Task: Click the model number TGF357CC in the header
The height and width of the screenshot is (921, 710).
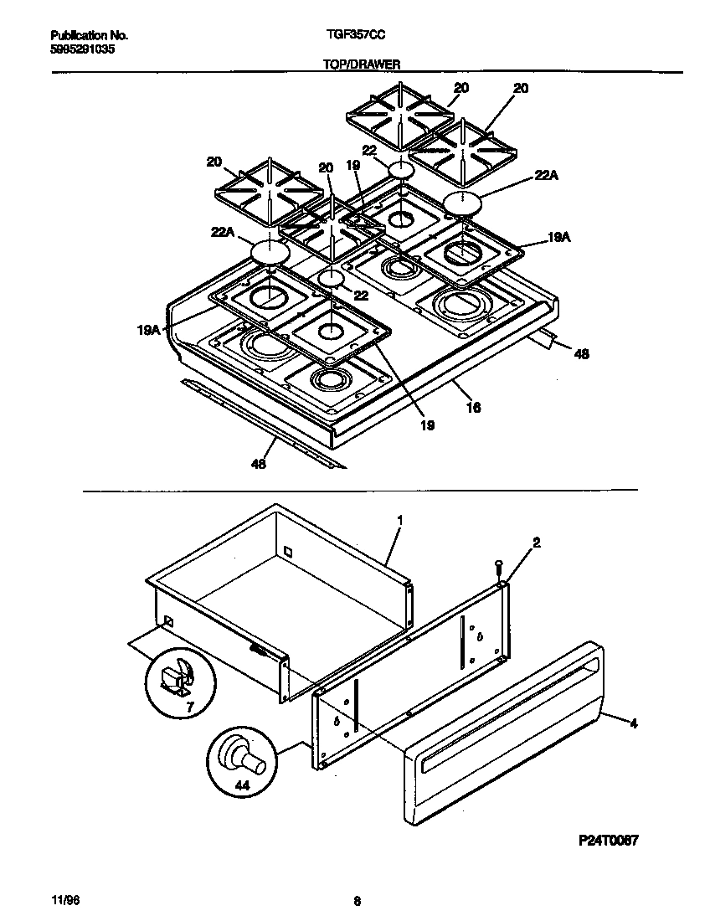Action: point(356,36)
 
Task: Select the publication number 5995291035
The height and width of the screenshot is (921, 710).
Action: point(82,49)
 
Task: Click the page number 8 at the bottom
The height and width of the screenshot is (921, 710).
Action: point(357,902)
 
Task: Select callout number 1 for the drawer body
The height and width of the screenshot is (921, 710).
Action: point(399,520)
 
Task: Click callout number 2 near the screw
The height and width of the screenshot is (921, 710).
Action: point(537,543)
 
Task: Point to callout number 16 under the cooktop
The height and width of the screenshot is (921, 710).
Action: point(474,407)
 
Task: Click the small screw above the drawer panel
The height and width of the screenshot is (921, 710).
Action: point(498,565)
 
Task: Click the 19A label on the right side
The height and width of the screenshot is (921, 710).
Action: point(558,238)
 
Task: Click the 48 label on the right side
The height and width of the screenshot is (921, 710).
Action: point(580,354)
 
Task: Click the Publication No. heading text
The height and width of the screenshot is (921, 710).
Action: point(89,36)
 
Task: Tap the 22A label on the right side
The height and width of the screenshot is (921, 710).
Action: point(545,176)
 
